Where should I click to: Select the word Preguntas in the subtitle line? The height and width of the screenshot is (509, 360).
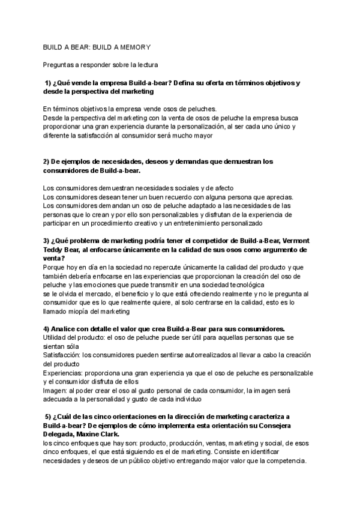click(x=60, y=64)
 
